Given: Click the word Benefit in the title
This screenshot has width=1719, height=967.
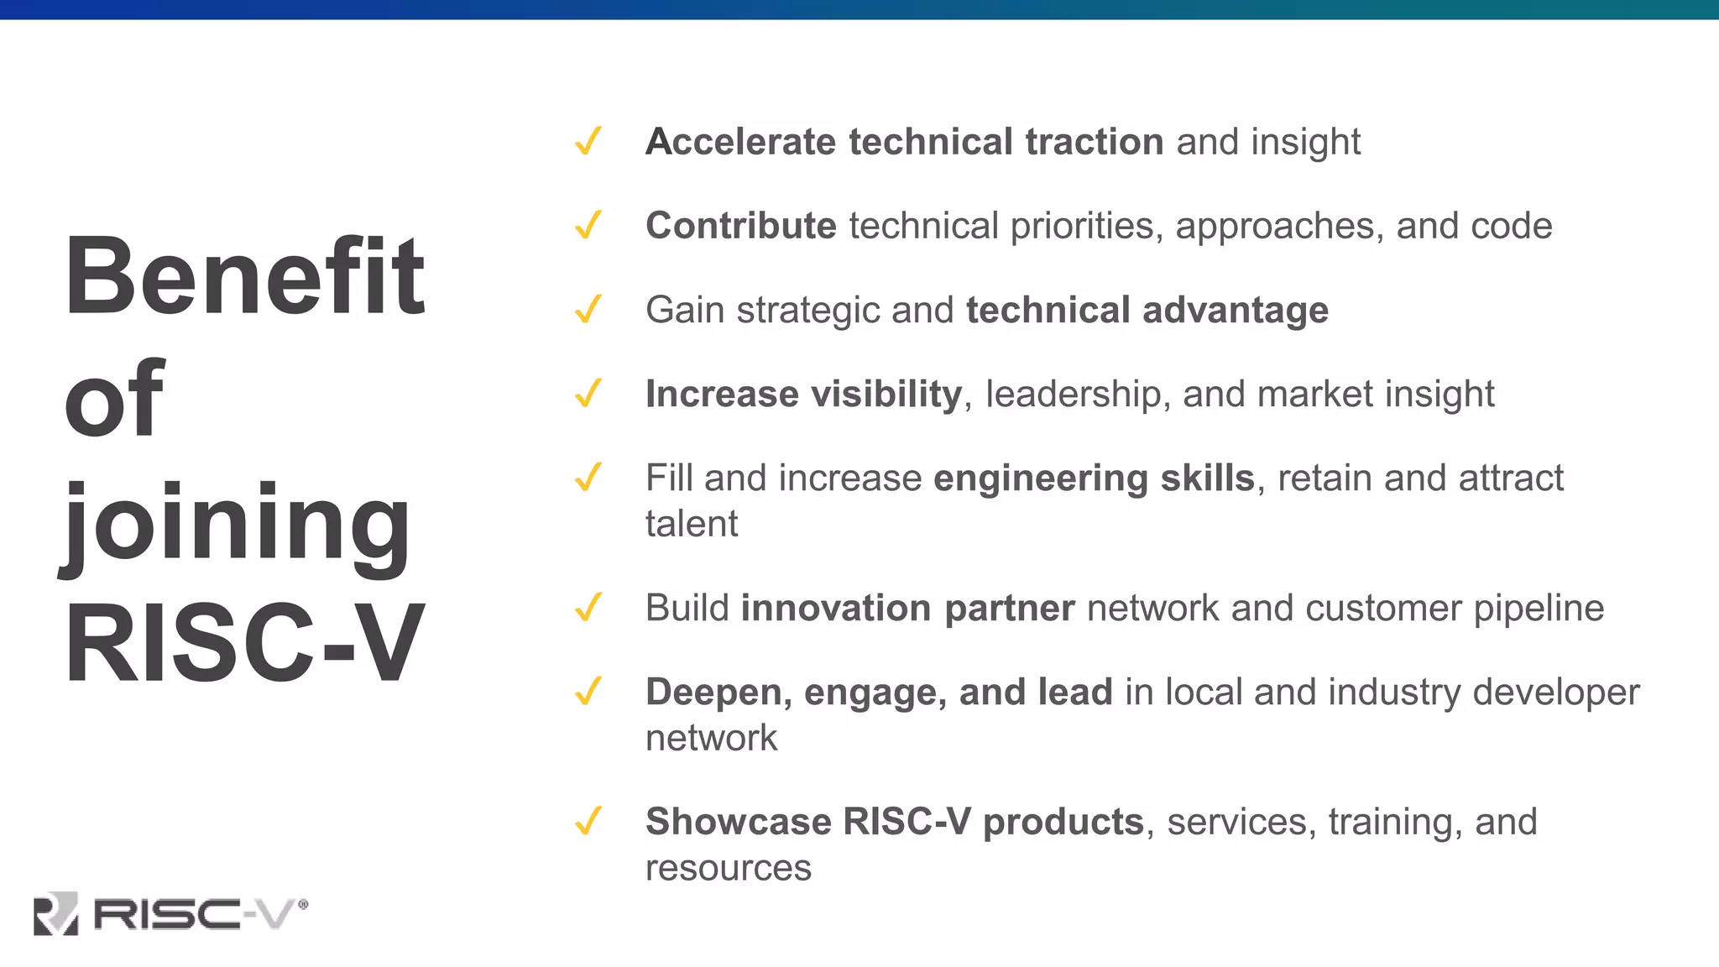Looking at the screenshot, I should click(244, 276).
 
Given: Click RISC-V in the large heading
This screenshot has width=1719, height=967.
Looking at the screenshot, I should click(244, 644).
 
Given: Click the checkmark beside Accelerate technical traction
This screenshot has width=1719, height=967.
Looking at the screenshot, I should click(588, 141).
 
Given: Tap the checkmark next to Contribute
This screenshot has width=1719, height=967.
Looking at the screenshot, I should click(588, 225).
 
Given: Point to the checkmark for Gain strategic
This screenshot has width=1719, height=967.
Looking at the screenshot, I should click(588, 309).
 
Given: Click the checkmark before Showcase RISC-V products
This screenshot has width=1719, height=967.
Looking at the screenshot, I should click(588, 821).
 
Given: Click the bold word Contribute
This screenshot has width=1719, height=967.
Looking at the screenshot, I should click(740, 225).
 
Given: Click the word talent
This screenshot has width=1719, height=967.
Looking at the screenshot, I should click(691, 524).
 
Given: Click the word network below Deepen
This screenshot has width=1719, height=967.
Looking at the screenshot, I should click(711, 738).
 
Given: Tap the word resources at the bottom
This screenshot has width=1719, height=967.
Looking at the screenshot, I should click(728, 868).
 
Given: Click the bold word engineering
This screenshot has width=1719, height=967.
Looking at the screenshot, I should click(1040, 478).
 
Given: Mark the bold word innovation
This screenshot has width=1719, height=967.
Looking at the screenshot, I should click(835, 608).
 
